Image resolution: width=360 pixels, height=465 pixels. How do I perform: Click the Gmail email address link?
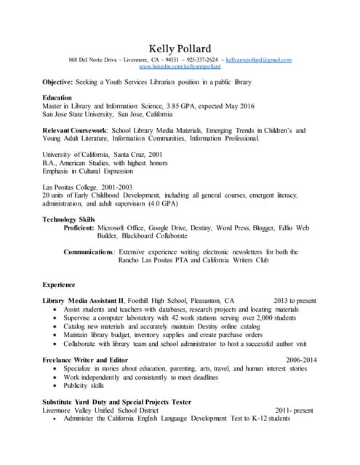click(258, 59)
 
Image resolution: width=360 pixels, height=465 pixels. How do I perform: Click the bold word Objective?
click(57, 83)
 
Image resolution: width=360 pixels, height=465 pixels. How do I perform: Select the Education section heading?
click(57, 97)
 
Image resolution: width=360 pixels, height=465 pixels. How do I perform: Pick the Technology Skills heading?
click(68, 219)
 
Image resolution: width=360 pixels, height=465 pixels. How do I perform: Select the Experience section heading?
click(59, 285)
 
